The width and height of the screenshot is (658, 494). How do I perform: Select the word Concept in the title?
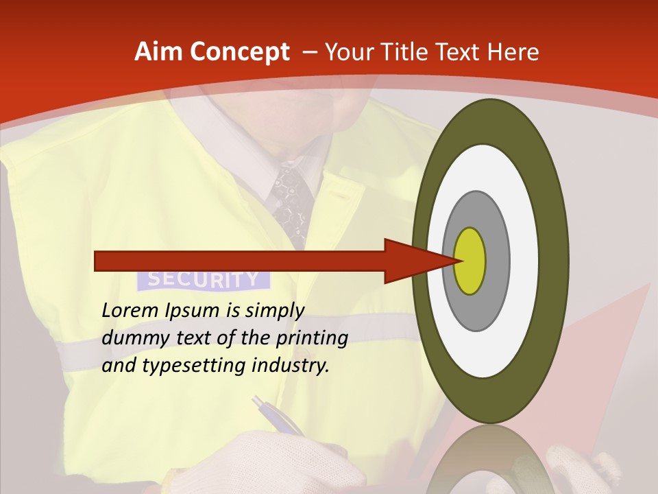[x=239, y=52]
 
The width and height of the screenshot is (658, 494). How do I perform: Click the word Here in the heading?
[x=513, y=52]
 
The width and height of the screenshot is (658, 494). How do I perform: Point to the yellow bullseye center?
[x=470, y=261]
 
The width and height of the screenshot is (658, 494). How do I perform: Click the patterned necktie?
[x=291, y=199]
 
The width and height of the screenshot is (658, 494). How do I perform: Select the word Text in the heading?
[x=459, y=52]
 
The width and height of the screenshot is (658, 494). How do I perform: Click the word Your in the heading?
[x=347, y=52]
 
